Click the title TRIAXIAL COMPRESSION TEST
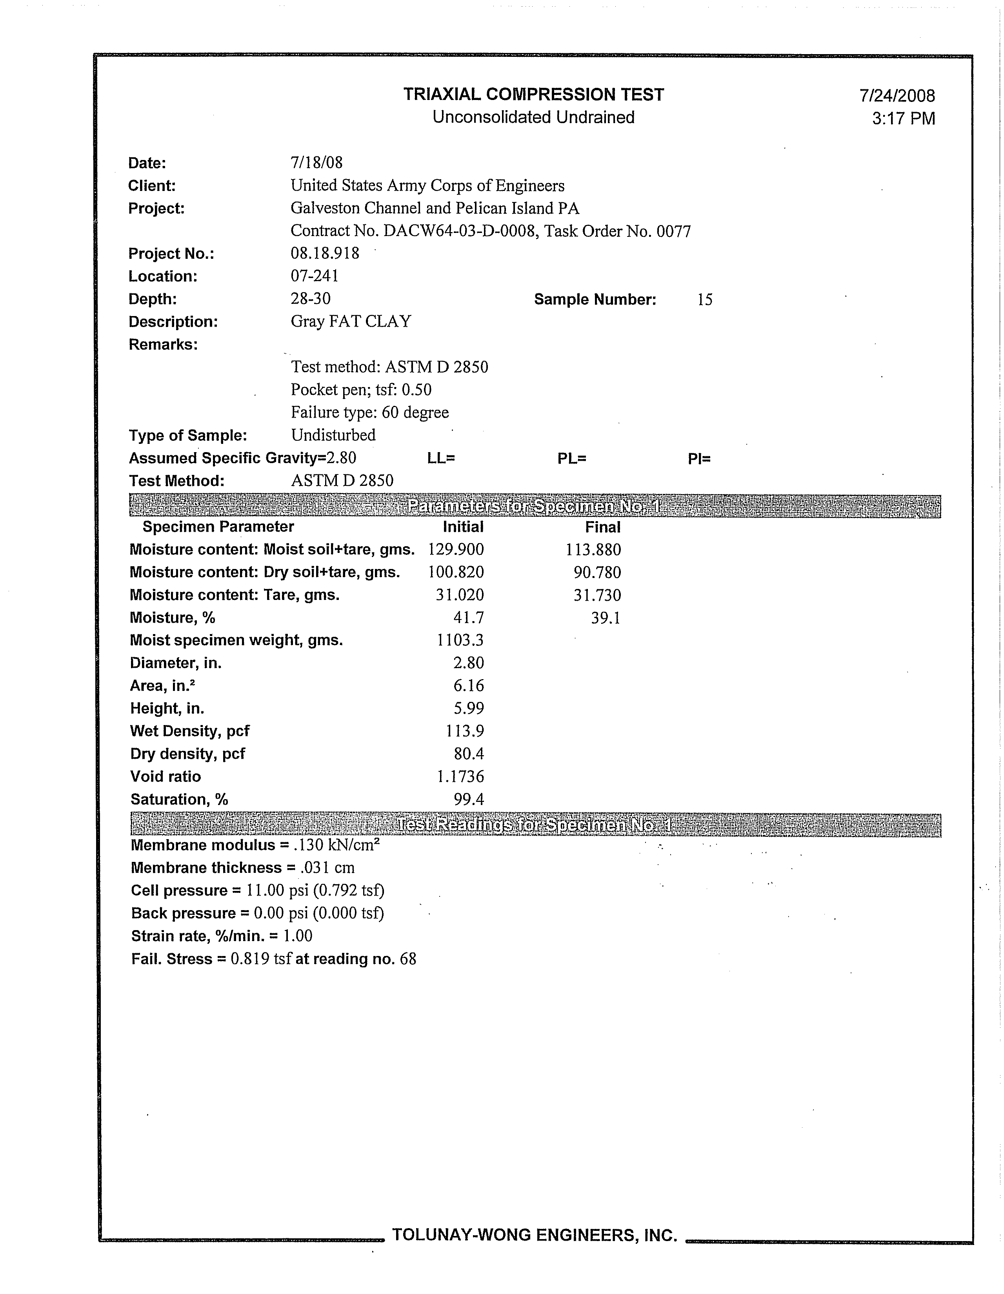pos(533,95)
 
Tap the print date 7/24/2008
pos(897,96)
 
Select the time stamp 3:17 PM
pos(903,118)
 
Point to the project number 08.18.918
pos(325,254)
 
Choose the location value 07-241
pos(314,276)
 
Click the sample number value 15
pos(705,300)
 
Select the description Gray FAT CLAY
pos(351,322)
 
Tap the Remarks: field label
pos(163,345)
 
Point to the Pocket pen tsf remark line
pos(361,390)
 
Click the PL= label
pos(571,459)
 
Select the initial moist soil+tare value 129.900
pos(456,550)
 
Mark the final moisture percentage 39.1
pos(605,618)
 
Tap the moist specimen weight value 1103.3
pos(460,640)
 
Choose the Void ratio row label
pos(166,777)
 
